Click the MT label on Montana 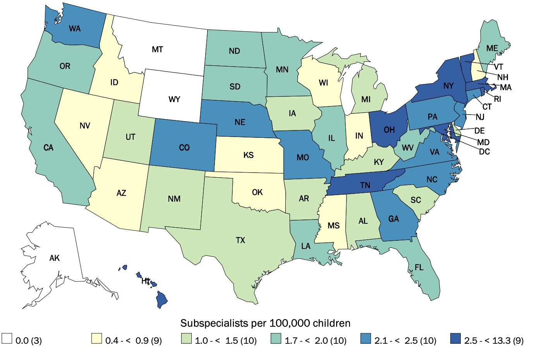coord(157,50)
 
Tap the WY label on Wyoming coord(174,99)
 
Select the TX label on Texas coord(240,240)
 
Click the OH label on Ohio coord(389,130)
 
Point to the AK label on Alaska coord(55,258)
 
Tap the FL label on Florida coord(419,267)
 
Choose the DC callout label coord(484,152)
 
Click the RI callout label coord(498,99)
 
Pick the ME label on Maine coord(492,48)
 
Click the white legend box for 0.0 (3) coord(7,338)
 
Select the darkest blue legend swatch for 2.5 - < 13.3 coord(456,338)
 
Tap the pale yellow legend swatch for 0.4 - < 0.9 coord(96,338)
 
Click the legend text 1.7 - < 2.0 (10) coord(316,341)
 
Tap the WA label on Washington coord(75,29)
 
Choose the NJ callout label coord(480,117)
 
